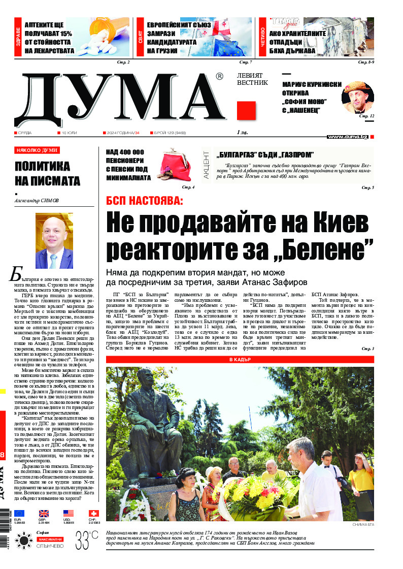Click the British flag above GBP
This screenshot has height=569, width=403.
[44, 514]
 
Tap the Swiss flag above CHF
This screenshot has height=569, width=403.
[93, 514]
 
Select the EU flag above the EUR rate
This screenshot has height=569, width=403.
[19, 514]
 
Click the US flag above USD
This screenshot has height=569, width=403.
[69, 514]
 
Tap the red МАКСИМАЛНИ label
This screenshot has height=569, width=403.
[50, 539]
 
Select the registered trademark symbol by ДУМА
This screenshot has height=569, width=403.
[219, 76]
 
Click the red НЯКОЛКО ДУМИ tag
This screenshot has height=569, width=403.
[37, 150]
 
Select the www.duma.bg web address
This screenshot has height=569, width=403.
[348, 137]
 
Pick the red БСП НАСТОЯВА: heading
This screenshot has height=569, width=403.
[144, 201]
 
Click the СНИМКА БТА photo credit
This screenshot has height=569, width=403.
[362, 524]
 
